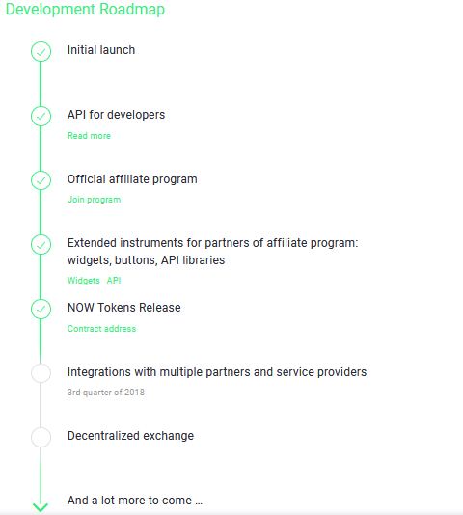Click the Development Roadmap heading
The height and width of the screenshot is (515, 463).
pyautogui.click(x=85, y=10)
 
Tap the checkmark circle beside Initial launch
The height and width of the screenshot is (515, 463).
pyautogui.click(x=41, y=51)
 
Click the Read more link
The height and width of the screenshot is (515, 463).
pyautogui.click(x=89, y=136)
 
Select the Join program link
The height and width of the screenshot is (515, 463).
pyautogui.click(x=94, y=200)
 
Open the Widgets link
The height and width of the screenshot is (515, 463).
pyautogui.click(x=84, y=281)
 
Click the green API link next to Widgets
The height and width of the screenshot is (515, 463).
pyautogui.click(x=114, y=281)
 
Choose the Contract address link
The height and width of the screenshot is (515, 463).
pyautogui.click(x=101, y=329)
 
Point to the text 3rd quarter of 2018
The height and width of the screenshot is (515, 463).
pyautogui.click(x=106, y=393)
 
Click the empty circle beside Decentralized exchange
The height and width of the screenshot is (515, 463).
pyautogui.click(x=41, y=437)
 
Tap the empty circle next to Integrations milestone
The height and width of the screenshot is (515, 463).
pyautogui.click(x=41, y=373)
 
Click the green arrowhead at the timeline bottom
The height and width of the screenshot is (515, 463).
pyautogui.click(x=41, y=507)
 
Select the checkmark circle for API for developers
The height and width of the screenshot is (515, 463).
pyautogui.click(x=41, y=116)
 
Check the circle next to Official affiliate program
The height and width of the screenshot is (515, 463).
pyautogui.click(x=41, y=180)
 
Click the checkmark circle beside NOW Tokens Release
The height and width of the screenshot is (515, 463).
pyautogui.click(x=41, y=309)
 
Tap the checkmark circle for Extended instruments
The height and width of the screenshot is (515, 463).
pyautogui.click(x=41, y=245)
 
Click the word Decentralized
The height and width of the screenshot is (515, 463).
pyautogui.click(x=103, y=436)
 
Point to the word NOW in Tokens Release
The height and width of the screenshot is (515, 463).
pyautogui.click(x=80, y=308)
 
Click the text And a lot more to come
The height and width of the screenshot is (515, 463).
pyautogui.click(x=135, y=501)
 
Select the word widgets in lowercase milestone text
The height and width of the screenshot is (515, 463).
pyautogui.click(x=90, y=260)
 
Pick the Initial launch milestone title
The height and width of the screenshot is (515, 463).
pyautogui.click(x=101, y=50)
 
